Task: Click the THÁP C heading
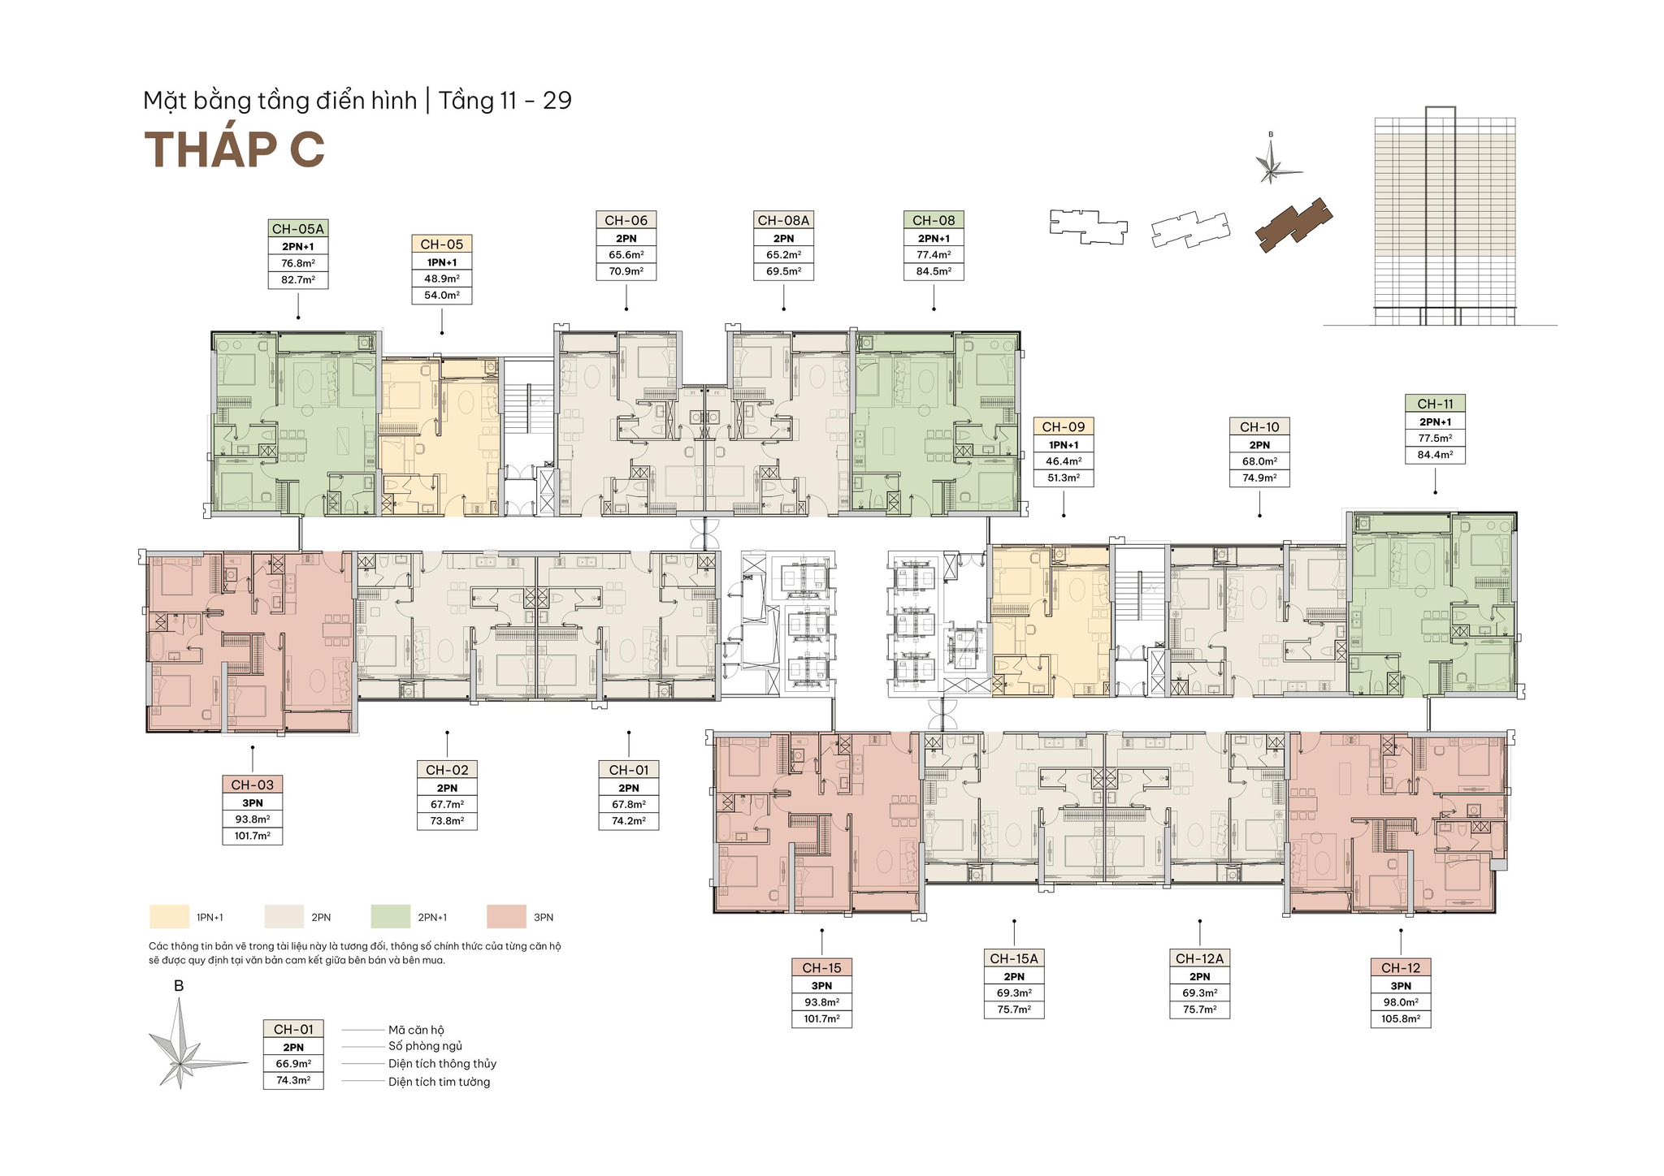pos(235,149)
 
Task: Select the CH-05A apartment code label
pos(298,229)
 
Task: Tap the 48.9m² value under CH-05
pos(442,279)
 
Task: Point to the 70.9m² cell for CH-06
pos(626,271)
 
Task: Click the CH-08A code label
pos(784,220)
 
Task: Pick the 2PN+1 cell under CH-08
pos(934,238)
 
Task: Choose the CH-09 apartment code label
pos(1064,426)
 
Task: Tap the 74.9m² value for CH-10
pos(1260,478)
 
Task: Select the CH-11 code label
pos(1436,404)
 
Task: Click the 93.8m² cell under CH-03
pos(253,819)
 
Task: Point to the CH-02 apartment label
pos(447,770)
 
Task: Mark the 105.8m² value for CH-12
pos(1401,1018)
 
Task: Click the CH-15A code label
pos(1014,958)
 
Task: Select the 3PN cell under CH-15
pos(822,985)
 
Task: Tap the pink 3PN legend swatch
pos(506,917)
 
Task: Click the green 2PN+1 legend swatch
pos(391,917)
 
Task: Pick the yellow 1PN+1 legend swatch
pos(169,917)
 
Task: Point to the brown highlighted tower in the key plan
pos(1294,225)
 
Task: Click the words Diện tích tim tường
pos(439,1082)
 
